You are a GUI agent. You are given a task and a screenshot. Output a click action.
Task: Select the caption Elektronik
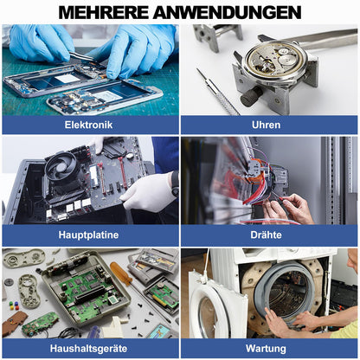click(88, 125)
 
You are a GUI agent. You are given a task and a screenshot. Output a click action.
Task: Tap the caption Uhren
click(269, 125)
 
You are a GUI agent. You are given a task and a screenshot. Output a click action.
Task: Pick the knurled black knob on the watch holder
click(250, 96)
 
